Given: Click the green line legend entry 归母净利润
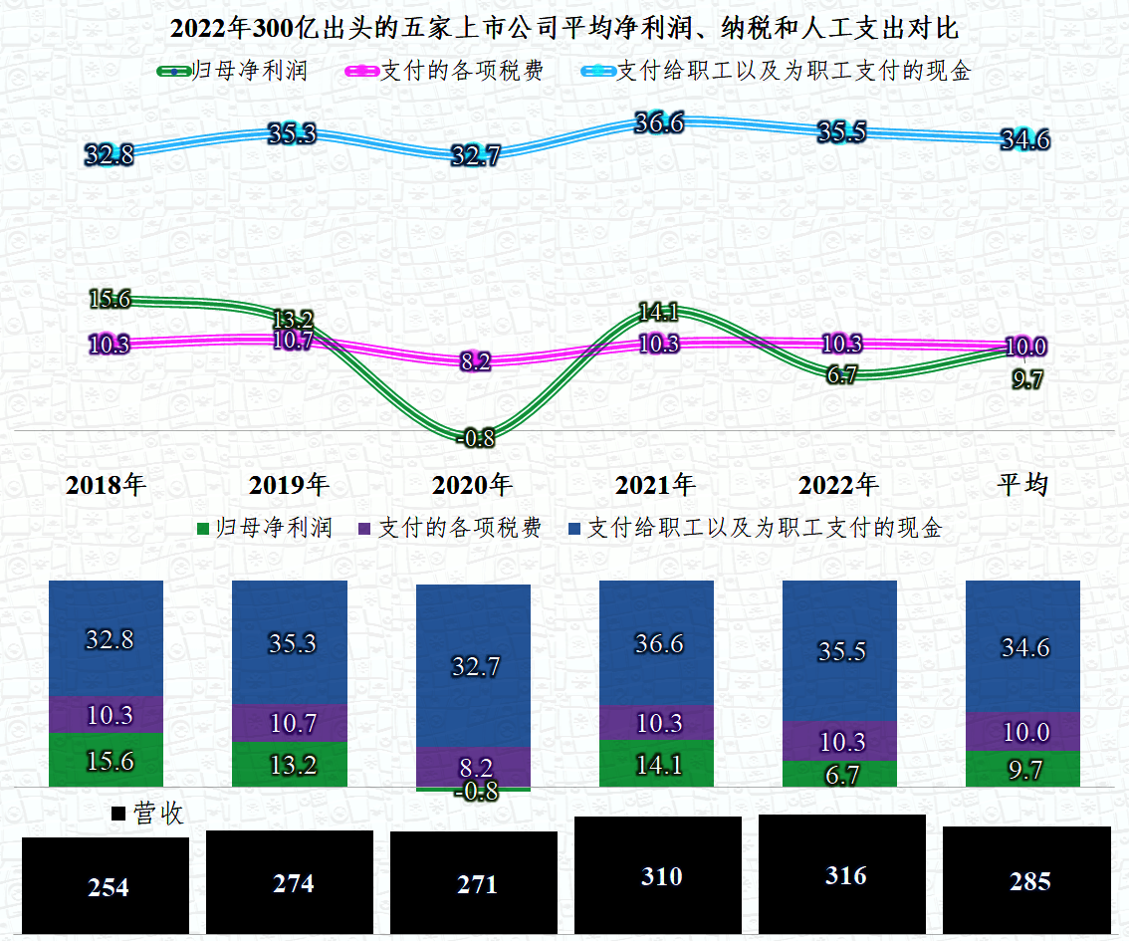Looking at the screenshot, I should (x=234, y=72).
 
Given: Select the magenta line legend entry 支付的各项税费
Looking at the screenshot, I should (x=444, y=72).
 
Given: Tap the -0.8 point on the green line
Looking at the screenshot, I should (x=476, y=437).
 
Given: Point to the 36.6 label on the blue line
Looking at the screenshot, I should (x=659, y=123).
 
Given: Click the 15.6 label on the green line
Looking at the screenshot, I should (x=111, y=299).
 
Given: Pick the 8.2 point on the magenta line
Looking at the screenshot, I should (x=476, y=361).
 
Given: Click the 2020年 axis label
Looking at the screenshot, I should (x=472, y=485).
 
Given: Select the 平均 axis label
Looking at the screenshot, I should (x=1022, y=485).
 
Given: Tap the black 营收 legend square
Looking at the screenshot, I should (x=118, y=815).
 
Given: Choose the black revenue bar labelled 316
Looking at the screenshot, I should (x=842, y=874).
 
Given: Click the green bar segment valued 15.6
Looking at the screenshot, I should (x=106, y=760).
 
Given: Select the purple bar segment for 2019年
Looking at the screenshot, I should (x=290, y=723).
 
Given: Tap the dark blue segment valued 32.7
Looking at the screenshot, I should (x=474, y=665).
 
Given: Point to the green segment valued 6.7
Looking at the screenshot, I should (x=840, y=773).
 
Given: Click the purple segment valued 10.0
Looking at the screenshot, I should (x=1023, y=732).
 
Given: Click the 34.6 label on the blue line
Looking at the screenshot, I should (x=1024, y=140).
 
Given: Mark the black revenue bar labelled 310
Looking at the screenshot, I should (x=658, y=876).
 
